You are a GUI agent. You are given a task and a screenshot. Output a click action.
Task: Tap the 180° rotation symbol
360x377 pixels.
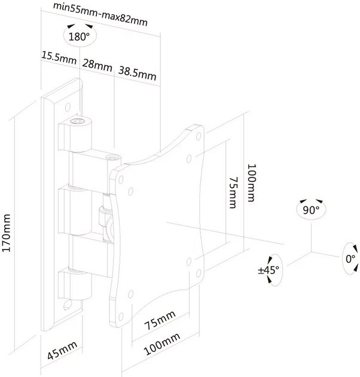point(79,36)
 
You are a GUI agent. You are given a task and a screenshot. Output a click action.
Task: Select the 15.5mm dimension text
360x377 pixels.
point(59,57)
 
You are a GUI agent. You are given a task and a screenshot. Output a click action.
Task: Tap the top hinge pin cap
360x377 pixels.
point(77,121)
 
